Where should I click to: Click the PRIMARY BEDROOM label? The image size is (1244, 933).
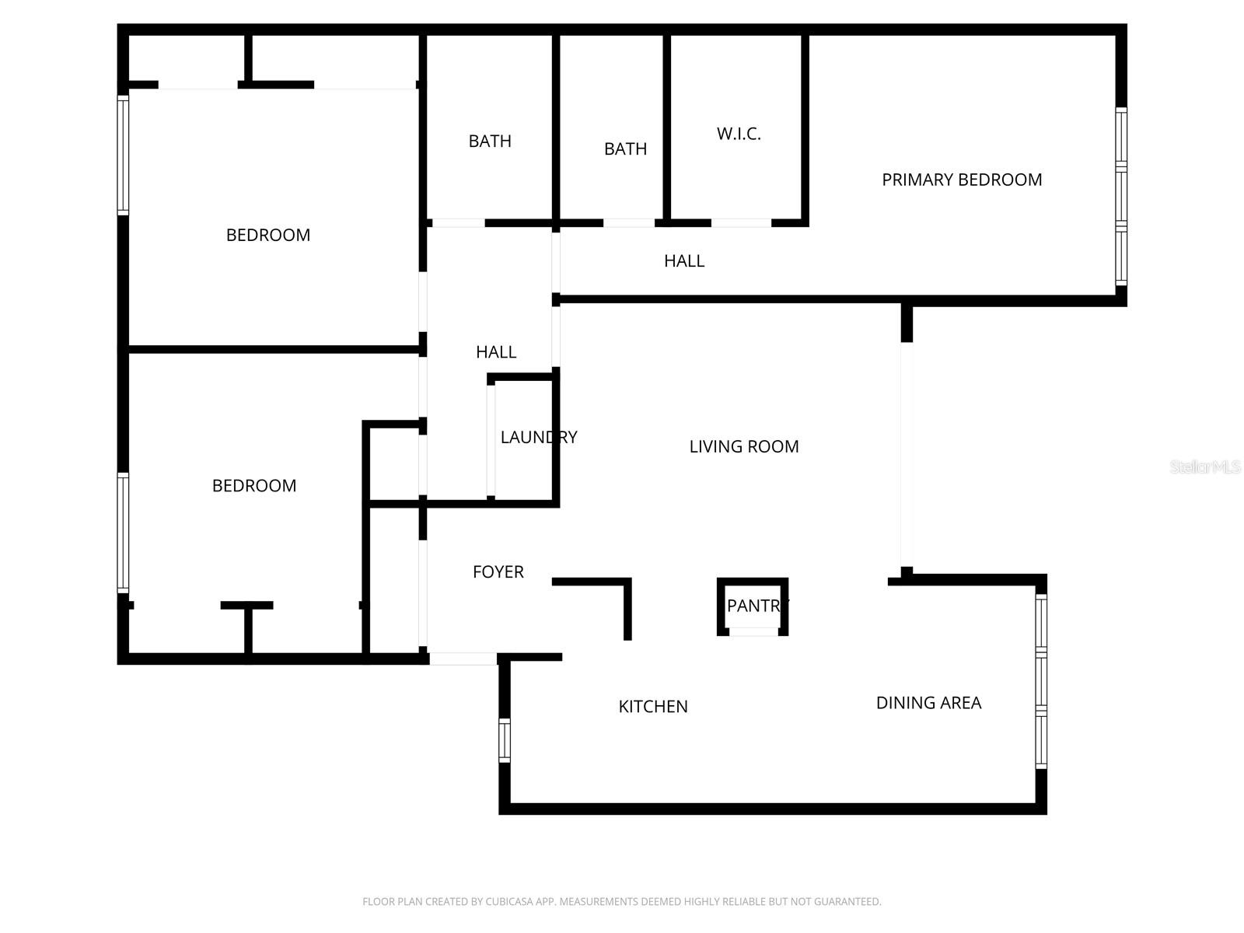[x=962, y=180]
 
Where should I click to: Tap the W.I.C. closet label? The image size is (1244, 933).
[x=739, y=134]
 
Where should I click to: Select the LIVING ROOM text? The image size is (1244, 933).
[x=744, y=446]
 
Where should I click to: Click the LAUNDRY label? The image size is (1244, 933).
[x=539, y=437]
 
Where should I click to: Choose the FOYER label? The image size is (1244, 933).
[x=498, y=572]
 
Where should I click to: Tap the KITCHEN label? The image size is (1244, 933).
[x=653, y=707]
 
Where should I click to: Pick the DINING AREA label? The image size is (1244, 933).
[x=928, y=703]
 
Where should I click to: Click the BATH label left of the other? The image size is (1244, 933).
[x=490, y=141]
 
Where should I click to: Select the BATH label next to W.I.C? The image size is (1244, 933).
[x=625, y=149]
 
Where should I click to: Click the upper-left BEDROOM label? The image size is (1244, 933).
[x=268, y=235]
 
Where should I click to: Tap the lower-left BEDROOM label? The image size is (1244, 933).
[x=254, y=486]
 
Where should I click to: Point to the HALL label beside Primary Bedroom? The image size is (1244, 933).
[x=684, y=261]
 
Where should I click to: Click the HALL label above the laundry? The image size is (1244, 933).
[x=496, y=352]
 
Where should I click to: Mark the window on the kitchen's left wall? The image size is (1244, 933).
[x=505, y=740]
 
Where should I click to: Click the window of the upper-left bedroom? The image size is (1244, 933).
[x=123, y=155]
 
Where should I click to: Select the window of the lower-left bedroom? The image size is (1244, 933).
[x=123, y=533]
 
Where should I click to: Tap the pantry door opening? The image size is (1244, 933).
[x=753, y=632]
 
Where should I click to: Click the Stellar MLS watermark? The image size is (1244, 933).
[x=1205, y=466]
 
